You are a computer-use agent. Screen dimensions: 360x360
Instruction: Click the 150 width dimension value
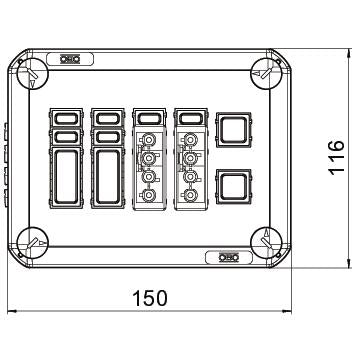(x=150, y=298)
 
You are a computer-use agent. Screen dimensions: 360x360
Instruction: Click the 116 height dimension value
(x=336, y=157)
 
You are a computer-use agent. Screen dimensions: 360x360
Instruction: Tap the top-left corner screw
(x=32, y=73)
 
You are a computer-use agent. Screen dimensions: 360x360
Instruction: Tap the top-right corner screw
(x=266, y=73)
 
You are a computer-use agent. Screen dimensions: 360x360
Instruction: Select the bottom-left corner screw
(x=32, y=243)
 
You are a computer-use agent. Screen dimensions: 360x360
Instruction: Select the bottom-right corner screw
(x=266, y=243)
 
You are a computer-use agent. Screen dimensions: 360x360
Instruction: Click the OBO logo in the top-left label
(x=70, y=59)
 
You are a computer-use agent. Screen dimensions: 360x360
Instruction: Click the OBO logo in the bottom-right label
(x=229, y=257)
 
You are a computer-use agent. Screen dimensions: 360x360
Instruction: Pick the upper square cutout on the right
(x=234, y=130)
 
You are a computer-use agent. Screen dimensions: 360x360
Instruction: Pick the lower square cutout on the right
(x=234, y=187)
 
